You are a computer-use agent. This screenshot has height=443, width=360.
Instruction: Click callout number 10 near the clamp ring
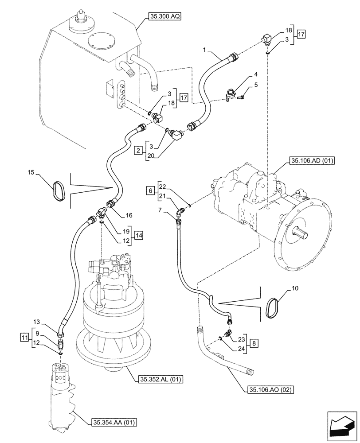(296, 288)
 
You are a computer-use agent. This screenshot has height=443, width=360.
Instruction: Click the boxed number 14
(139, 235)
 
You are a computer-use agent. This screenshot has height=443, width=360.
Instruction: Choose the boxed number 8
(253, 343)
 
